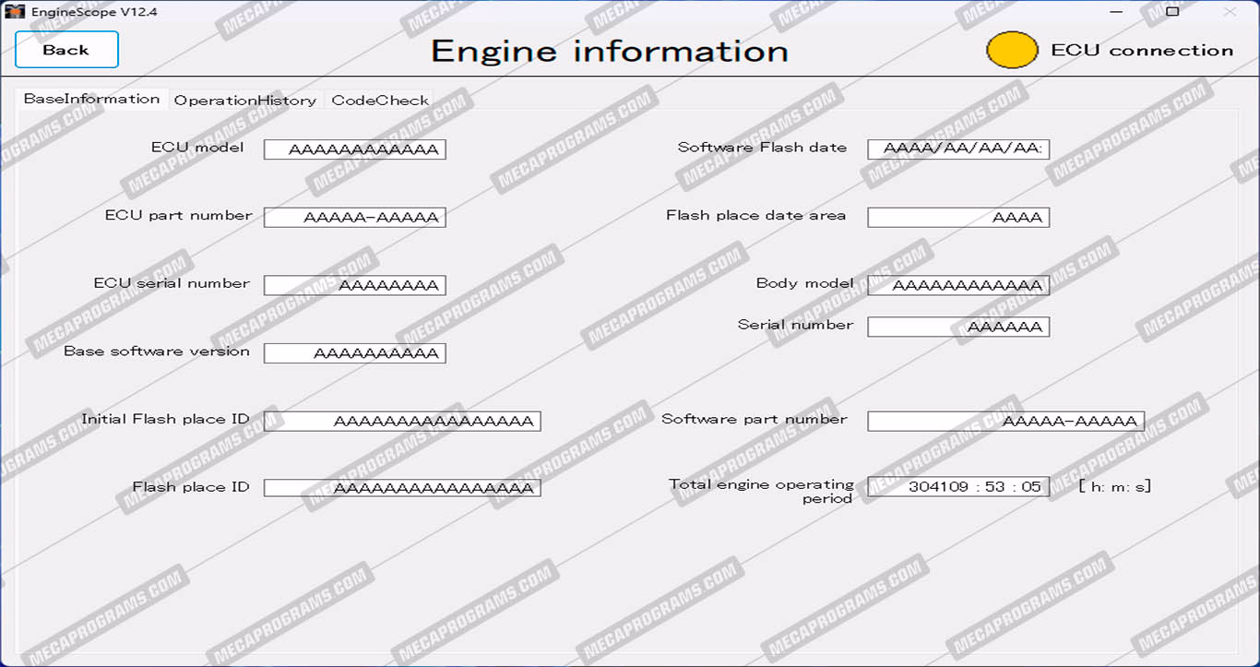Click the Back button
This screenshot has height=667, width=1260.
[66, 50]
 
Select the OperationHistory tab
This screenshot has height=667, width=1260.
[244, 101]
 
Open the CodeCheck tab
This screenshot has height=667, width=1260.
[380, 101]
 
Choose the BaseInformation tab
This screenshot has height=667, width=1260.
[91, 99]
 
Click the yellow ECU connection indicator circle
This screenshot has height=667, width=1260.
[1012, 50]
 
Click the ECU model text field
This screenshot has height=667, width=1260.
[354, 149]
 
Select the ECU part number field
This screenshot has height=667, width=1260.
[354, 218]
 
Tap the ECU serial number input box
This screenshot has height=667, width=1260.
[354, 285]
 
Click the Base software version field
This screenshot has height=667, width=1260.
[354, 353]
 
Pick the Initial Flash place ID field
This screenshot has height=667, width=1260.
[402, 421]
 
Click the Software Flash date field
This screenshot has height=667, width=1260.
[958, 149]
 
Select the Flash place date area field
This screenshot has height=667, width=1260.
[958, 218]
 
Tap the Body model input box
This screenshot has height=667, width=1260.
[958, 285]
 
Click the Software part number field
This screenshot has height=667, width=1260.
[1005, 421]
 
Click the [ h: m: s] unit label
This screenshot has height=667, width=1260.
[1114, 486]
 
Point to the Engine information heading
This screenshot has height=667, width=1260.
[610, 51]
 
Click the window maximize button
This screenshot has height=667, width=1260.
[1172, 12]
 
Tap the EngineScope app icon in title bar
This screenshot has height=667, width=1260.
[15, 12]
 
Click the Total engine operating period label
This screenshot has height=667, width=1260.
[762, 491]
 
